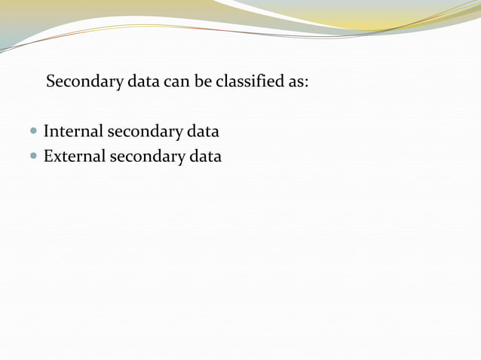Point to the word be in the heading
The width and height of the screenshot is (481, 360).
[203, 81]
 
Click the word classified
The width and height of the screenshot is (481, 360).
[250, 81]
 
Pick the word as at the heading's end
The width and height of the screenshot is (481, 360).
[296, 82]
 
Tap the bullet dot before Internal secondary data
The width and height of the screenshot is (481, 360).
[33, 132]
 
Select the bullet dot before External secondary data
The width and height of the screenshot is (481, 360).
[33, 157]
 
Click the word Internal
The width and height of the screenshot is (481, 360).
[72, 132]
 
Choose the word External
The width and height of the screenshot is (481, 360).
[74, 157]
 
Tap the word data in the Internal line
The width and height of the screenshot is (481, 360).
[203, 132]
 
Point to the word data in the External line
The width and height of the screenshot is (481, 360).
[205, 157]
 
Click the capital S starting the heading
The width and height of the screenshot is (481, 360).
[51, 81]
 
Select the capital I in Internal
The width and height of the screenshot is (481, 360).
[46, 132]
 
